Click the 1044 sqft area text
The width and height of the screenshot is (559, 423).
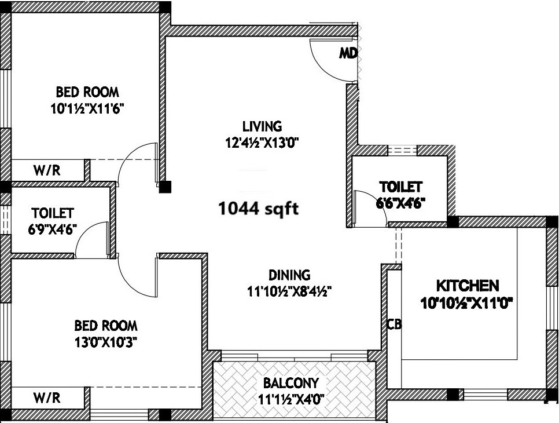[259, 209]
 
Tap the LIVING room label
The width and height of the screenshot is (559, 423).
[262, 126]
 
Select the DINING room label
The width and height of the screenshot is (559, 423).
[289, 275]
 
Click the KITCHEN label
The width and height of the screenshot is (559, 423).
[468, 286]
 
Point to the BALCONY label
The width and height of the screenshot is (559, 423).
[290, 383]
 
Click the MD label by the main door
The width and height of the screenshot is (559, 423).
[348, 53]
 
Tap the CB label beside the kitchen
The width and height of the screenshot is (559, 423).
[394, 324]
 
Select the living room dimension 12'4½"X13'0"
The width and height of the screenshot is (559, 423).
[262, 143]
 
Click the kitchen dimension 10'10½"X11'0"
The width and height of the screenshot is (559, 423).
[466, 304]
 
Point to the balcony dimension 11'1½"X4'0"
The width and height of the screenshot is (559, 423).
[290, 399]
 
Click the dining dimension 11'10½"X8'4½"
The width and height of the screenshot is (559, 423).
[289, 291]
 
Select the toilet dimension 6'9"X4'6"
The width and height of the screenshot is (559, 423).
[53, 229]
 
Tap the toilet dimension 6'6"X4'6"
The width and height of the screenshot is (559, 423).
[400, 203]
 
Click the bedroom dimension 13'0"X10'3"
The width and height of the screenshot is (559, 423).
[106, 342]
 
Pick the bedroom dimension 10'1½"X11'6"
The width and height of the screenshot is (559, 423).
[87, 108]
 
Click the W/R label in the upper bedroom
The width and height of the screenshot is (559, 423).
[47, 170]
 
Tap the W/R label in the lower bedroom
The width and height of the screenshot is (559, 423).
[47, 398]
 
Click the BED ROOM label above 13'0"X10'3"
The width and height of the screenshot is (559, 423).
[106, 326]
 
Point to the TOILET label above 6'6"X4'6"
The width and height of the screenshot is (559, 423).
[400, 187]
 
